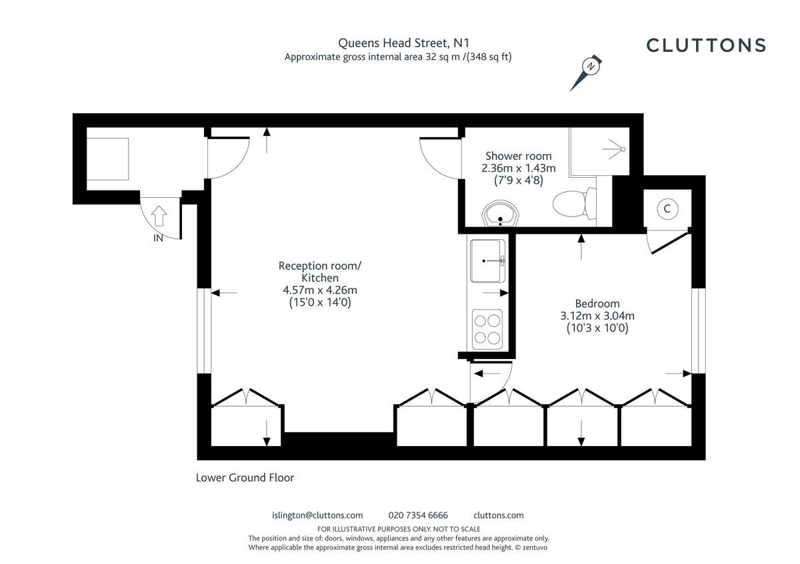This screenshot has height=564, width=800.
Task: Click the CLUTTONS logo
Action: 706,45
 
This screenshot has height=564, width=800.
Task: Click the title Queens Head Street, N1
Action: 399,43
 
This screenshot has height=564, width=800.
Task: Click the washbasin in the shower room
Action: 499,215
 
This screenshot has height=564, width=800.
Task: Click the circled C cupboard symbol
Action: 667,209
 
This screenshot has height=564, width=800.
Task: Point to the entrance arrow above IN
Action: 159,216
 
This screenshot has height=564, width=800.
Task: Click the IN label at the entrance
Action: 158,238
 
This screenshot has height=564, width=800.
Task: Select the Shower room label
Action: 518,156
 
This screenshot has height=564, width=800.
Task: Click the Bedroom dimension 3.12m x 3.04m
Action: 597,316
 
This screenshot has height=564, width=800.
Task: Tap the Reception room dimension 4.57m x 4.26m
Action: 320,290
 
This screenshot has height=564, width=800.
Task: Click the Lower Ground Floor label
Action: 245,477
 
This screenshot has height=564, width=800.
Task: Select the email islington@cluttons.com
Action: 318,515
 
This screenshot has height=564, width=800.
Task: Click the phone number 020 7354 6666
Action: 418,515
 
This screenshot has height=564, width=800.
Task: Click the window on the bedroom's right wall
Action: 698,330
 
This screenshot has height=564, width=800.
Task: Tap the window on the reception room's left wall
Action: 203,330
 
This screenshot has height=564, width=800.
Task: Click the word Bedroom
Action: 597,304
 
